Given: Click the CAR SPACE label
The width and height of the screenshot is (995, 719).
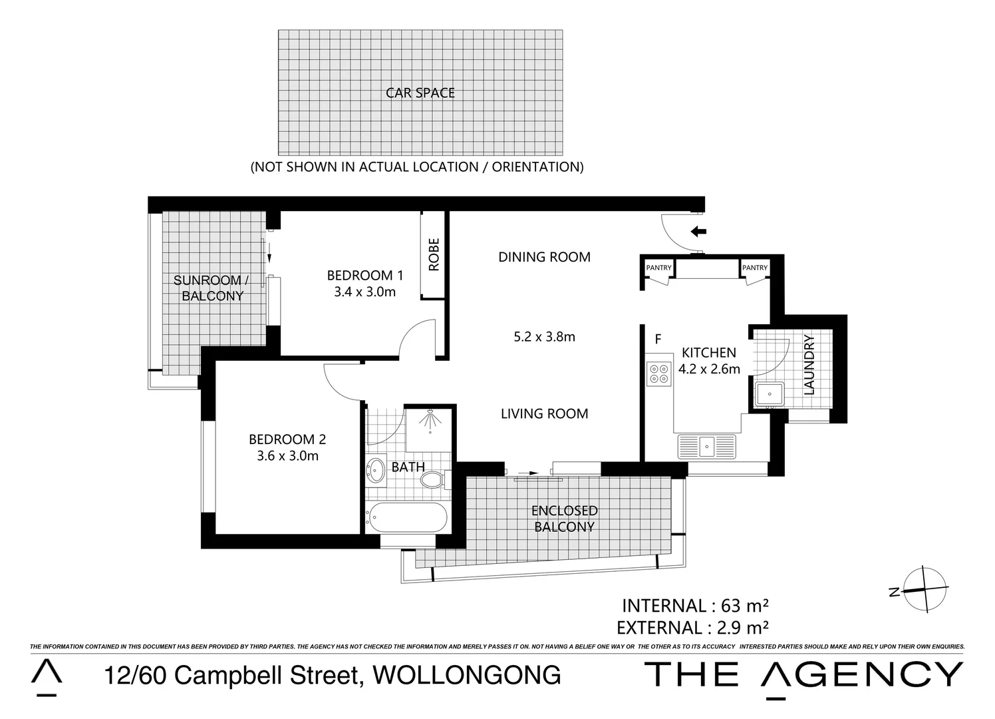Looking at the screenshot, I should [420, 93].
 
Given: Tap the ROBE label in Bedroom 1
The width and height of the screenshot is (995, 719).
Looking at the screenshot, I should [434, 256].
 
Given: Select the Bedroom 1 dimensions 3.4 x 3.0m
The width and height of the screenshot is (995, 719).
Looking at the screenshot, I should [364, 292].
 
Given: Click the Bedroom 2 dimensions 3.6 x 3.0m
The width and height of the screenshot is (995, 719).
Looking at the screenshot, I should [287, 456].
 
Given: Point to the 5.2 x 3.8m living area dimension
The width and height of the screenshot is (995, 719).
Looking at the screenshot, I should [544, 337].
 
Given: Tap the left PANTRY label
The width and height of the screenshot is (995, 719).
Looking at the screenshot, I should [659, 268].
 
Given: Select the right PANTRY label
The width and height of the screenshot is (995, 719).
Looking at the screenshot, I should [755, 268].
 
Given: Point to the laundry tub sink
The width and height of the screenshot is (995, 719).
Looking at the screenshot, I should [770, 393].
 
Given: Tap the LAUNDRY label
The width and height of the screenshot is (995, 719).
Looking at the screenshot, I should [809, 365].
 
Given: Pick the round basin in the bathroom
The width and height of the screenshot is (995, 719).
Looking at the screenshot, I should [376, 469].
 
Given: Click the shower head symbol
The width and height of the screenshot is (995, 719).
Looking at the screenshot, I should [430, 421].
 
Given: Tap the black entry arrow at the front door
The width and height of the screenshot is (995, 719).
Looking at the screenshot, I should [698, 232].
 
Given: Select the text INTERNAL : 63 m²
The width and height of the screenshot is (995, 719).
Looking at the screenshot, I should [695, 606].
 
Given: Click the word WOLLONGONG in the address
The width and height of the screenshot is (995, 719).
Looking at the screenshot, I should [467, 675].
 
